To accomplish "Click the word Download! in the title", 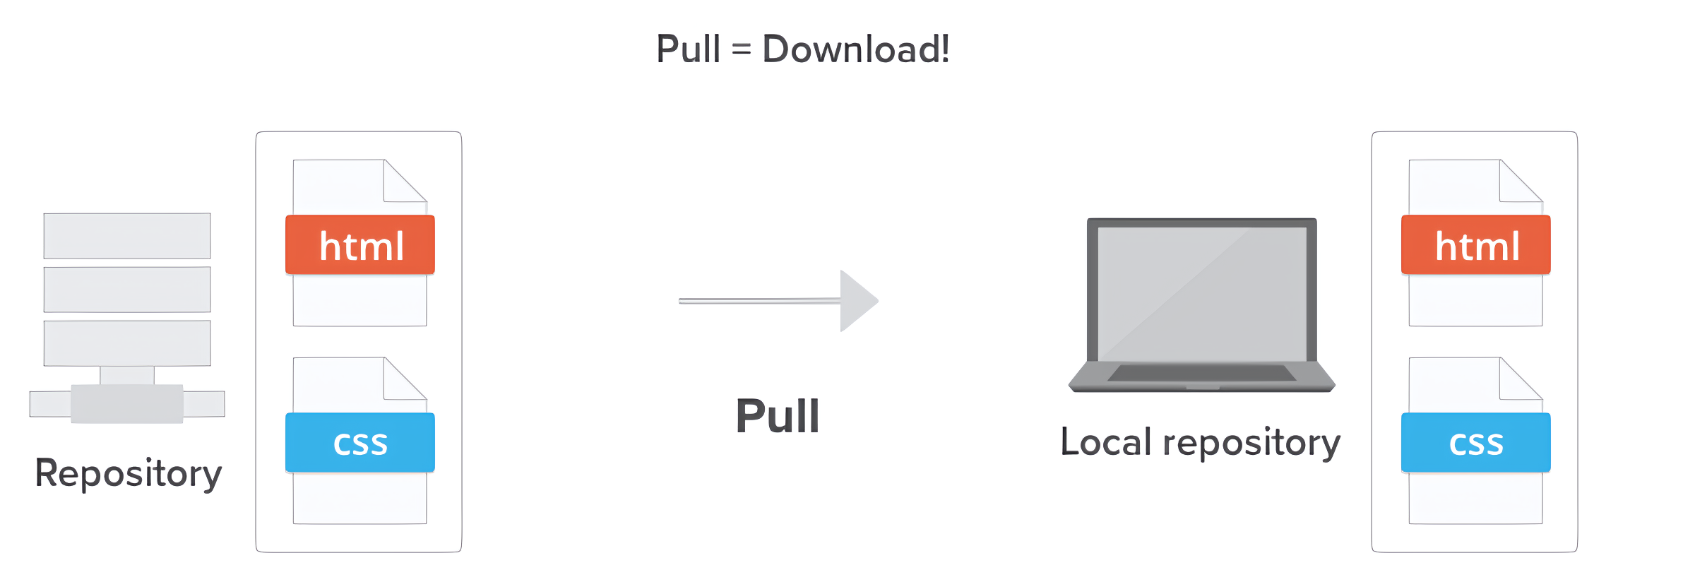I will tap(856, 49).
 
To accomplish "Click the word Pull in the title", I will tap(688, 49).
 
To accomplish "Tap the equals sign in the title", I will tap(741, 50).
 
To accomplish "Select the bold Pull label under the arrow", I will tap(778, 416).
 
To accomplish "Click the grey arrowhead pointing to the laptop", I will tap(857, 301).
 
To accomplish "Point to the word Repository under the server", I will tap(129, 473).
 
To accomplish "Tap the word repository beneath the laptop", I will tap(1251, 444).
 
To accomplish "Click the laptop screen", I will tap(1201, 292).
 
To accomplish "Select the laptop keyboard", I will tap(1201, 373).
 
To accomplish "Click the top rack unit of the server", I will tap(127, 236).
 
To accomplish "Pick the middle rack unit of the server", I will tap(127, 290).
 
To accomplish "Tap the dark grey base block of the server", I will tap(127, 404).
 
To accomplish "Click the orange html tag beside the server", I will tap(360, 245).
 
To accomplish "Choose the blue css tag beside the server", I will tap(360, 443).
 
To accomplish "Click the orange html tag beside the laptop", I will tap(1476, 245).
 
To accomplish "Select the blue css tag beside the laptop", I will tap(1476, 443).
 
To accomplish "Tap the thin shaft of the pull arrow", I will tap(759, 301).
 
